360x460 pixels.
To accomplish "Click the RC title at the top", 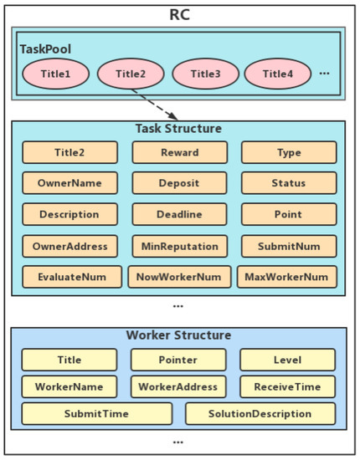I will [178, 13].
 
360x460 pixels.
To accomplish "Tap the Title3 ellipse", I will [205, 74].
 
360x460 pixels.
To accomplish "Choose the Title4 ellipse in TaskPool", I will [278, 74].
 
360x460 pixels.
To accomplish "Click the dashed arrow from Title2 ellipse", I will [156, 105].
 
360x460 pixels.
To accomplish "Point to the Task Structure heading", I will [178, 129].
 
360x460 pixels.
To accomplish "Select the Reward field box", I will [179, 152].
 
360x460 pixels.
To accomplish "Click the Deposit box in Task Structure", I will [179, 183].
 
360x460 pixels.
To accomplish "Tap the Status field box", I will [289, 183].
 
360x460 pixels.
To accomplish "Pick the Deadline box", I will [179, 214].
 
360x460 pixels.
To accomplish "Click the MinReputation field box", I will [179, 246].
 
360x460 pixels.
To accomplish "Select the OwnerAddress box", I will [69, 246].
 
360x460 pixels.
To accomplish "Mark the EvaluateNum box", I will [69, 277].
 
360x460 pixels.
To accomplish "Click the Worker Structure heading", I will [178, 335].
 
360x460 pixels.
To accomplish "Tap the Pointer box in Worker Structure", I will [178, 360].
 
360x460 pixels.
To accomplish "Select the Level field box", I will [288, 360].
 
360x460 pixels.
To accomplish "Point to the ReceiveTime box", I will [288, 386].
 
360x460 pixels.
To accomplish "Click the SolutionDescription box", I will [260, 413].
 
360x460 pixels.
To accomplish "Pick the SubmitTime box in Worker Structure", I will [96, 413].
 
